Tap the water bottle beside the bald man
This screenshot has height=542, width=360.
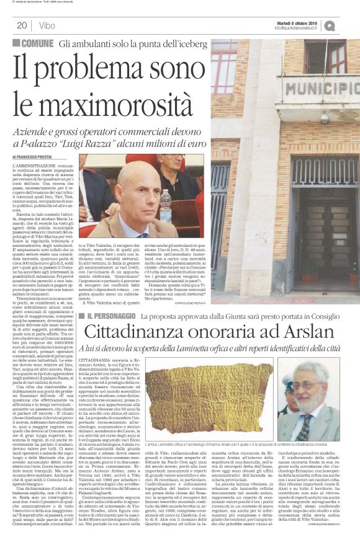click(165, 207)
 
